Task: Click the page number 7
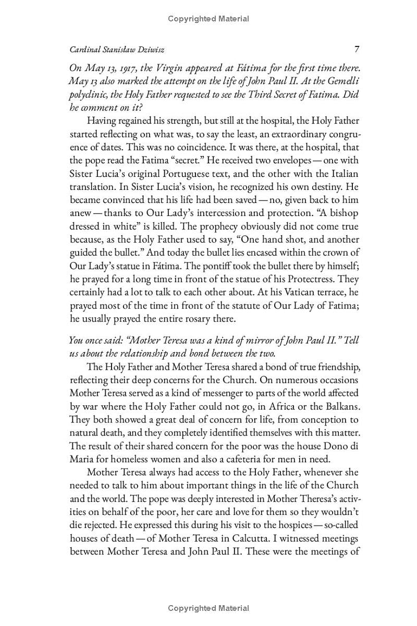point(357,50)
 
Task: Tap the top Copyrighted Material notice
point(208,19)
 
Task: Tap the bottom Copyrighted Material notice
point(208,608)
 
